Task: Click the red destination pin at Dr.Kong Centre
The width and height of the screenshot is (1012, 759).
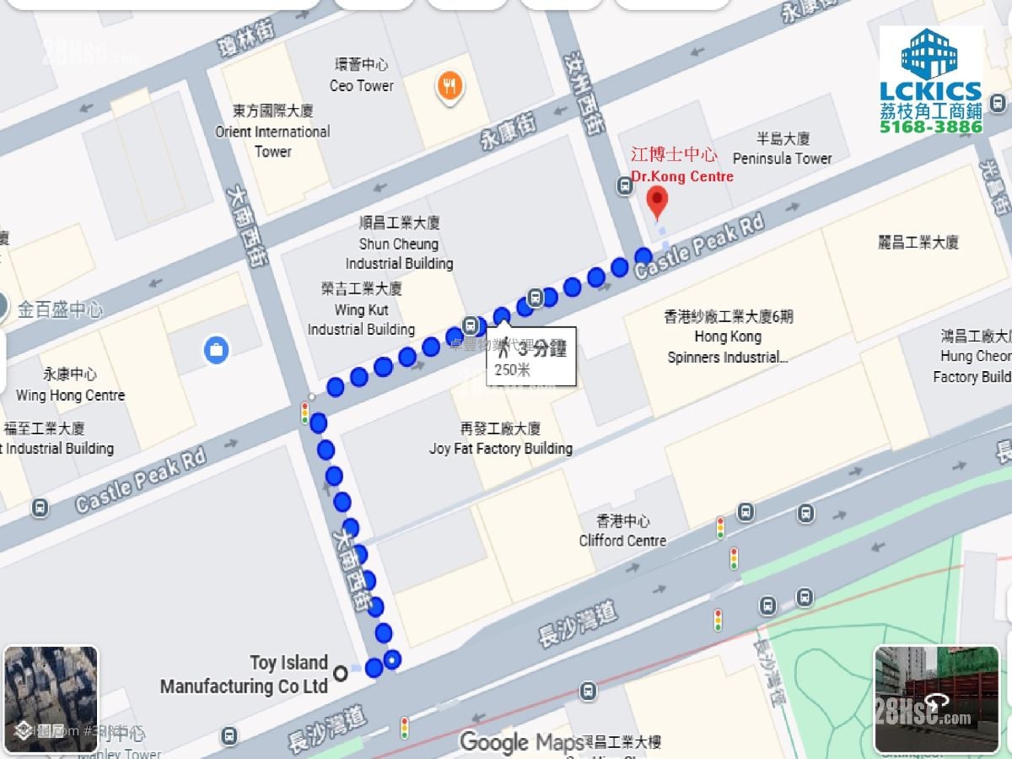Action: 656,202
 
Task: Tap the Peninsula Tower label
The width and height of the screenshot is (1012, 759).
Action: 782,149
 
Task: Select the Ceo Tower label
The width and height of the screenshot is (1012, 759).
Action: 362,76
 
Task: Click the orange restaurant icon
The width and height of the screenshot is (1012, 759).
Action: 450,85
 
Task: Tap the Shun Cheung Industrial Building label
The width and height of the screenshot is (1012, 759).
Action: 399,243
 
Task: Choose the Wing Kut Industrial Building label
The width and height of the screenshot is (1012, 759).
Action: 361,310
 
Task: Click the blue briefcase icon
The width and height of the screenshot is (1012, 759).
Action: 216,349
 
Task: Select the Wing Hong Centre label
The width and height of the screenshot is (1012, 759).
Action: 70,385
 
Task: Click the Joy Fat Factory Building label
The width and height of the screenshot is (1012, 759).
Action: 500,439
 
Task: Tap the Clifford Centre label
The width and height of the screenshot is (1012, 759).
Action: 622,531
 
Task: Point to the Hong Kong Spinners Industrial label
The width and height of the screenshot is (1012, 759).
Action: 728,336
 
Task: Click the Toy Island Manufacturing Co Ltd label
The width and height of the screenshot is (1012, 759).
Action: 245,675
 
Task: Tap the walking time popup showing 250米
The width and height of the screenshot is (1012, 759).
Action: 531,357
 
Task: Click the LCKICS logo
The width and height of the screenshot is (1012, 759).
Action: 930,67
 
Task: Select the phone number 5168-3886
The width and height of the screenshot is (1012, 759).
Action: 930,126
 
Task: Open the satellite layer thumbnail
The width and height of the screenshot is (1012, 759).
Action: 51,698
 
